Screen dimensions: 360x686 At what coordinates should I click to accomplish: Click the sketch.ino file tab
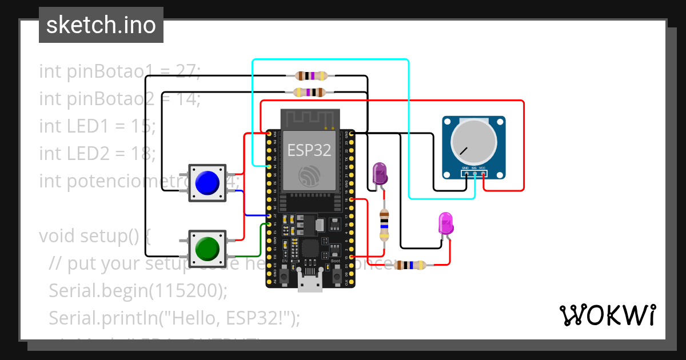(101, 25)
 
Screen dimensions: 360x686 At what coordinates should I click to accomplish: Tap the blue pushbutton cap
(207, 183)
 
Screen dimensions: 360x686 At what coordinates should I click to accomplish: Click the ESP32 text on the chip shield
(309, 150)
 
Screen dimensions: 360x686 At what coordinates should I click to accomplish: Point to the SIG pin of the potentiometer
(474, 173)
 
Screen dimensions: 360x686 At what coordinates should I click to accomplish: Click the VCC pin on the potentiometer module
(483, 173)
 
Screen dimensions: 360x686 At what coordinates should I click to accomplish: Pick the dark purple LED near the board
(379, 173)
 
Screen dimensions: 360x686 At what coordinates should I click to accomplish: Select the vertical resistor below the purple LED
(384, 225)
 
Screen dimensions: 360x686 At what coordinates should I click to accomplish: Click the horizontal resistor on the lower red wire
(410, 265)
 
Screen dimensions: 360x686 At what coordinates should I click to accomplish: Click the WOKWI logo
(607, 315)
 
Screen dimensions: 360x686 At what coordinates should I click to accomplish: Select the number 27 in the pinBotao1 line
(186, 71)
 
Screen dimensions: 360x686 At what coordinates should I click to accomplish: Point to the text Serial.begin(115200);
(138, 290)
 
